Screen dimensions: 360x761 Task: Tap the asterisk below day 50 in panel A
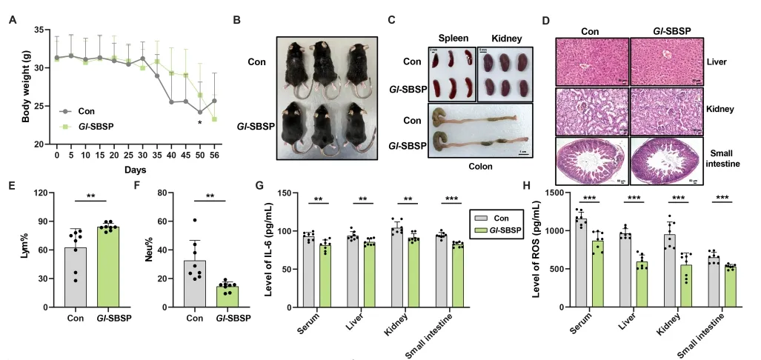click(x=200, y=122)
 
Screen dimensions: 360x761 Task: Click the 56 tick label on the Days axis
click(x=215, y=156)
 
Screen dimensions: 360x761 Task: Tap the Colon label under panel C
click(x=479, y=167)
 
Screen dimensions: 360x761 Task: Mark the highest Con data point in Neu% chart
click(x=194, y=220)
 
